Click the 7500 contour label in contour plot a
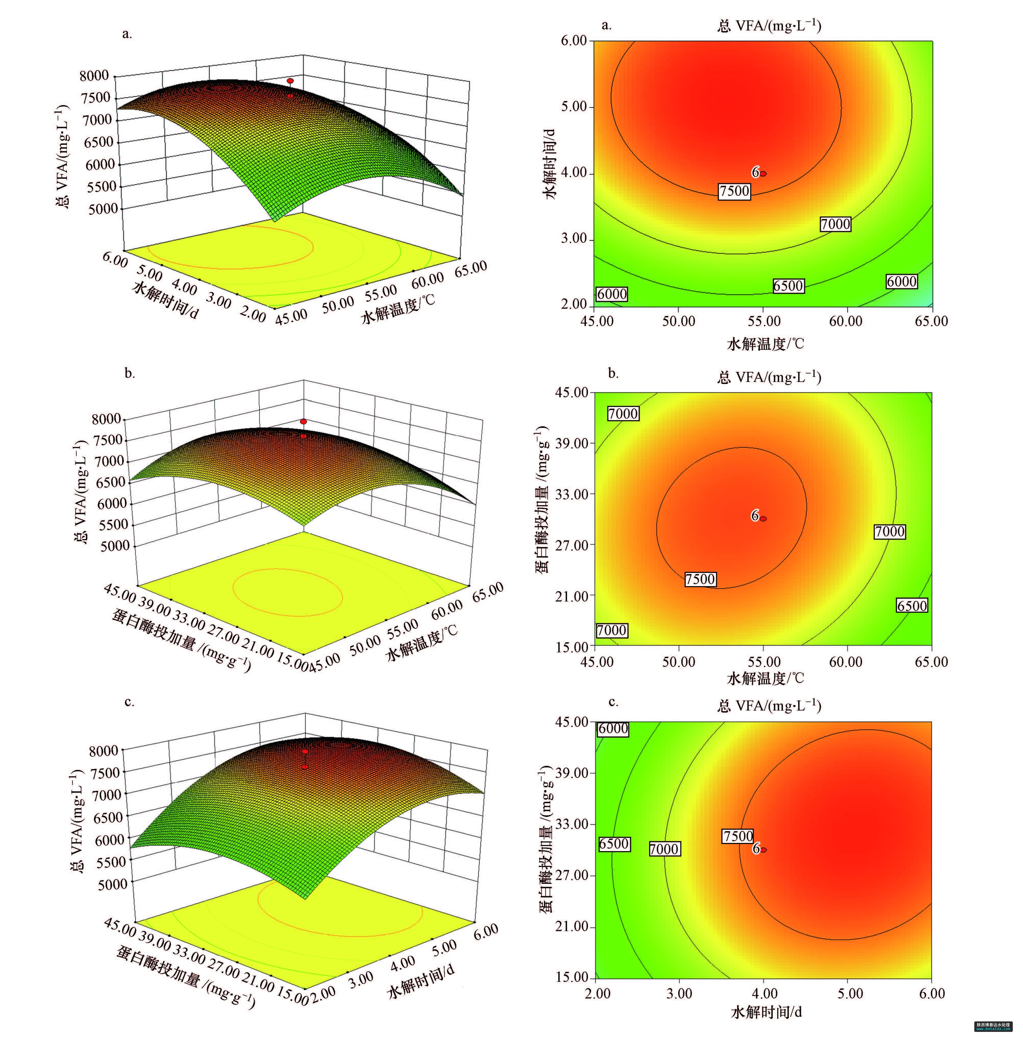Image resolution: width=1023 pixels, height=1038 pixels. coord(734,191)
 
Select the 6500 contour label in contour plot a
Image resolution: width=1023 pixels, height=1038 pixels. coord(788,286)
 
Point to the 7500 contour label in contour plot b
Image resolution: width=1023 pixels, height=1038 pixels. coord(700,579)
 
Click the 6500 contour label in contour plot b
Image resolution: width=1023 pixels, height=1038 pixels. coord(912,606)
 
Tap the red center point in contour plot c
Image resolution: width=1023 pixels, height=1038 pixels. coord(763,849)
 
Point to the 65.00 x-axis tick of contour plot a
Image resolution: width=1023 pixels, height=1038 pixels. coord(931,321)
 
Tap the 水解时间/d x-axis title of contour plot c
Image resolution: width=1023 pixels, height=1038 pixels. coord(766,1012)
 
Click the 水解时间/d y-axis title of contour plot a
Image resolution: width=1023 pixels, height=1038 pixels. coord(550,164)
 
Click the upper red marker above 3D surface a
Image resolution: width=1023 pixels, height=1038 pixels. coord(290,81)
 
